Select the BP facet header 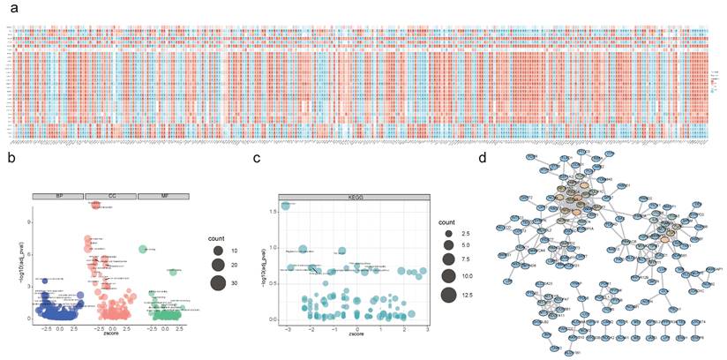pyautogui.click(x=57, y=195)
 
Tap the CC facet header pyautogui.click(x=111, y=195)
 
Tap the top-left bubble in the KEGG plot pyautogui.click(x=286, y=206)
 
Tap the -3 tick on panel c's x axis pyautogui.click(x=287, y=328)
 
